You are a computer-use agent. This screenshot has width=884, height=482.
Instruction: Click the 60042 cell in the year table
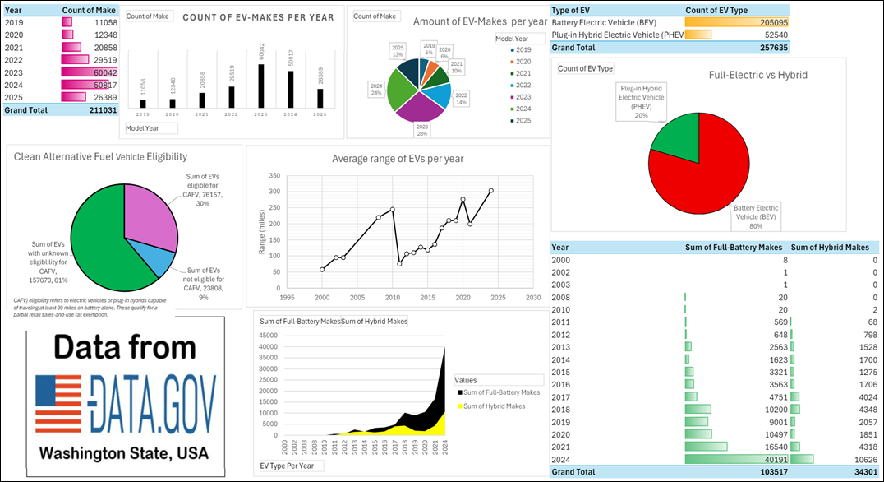(103, 72)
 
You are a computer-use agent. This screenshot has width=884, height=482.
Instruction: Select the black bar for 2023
(260, 86)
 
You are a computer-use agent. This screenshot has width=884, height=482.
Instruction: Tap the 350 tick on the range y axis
(274, 176)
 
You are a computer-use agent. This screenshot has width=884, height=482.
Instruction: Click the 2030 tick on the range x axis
(533, 298)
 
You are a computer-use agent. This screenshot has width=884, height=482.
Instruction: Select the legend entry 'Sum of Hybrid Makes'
(495, 406)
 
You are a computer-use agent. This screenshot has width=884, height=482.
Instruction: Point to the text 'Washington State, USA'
(124, 453)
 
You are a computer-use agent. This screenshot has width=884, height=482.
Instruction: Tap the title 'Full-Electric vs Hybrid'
(757, 75)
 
